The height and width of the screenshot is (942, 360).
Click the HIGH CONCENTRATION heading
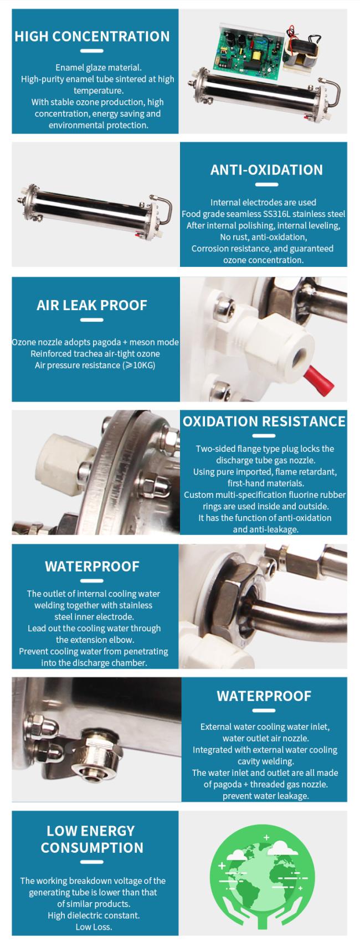pyautogui.click(x=92, y=37)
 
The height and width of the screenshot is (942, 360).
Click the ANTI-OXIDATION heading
pyautogui.click(x=266, y=170)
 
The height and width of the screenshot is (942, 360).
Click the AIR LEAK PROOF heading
pyautogui.click(x=92, y=305)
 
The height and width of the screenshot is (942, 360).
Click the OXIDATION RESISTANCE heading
pyautogui.click(x=264, y=421)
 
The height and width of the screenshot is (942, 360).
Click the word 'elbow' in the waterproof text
pyautogui.click(x=122, y=640)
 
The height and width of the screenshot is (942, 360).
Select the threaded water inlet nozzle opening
pyautogui.click(x=94, y=771)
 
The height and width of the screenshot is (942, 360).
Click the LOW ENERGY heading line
pyautogui.click(x=91, y=831)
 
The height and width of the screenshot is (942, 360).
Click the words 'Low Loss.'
pyautogui.click(x=94, y=927)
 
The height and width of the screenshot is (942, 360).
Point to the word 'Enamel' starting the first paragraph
pyautogui.click(x=69, y=68)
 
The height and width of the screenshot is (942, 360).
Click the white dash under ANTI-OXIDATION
pyautogui.click(x=266, y=184)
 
